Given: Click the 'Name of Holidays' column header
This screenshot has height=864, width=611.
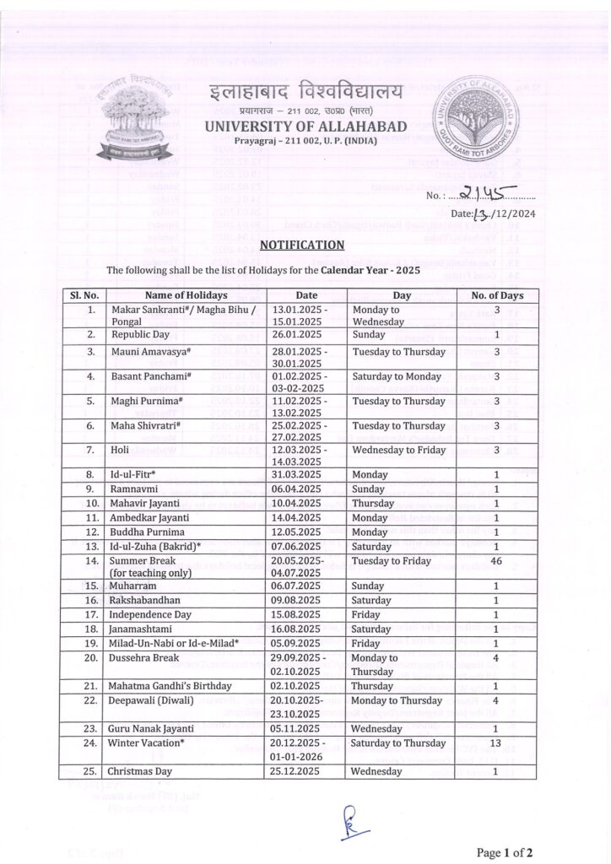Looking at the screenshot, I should pos(186,296).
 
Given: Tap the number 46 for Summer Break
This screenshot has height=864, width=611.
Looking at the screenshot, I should pos(498,561).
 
